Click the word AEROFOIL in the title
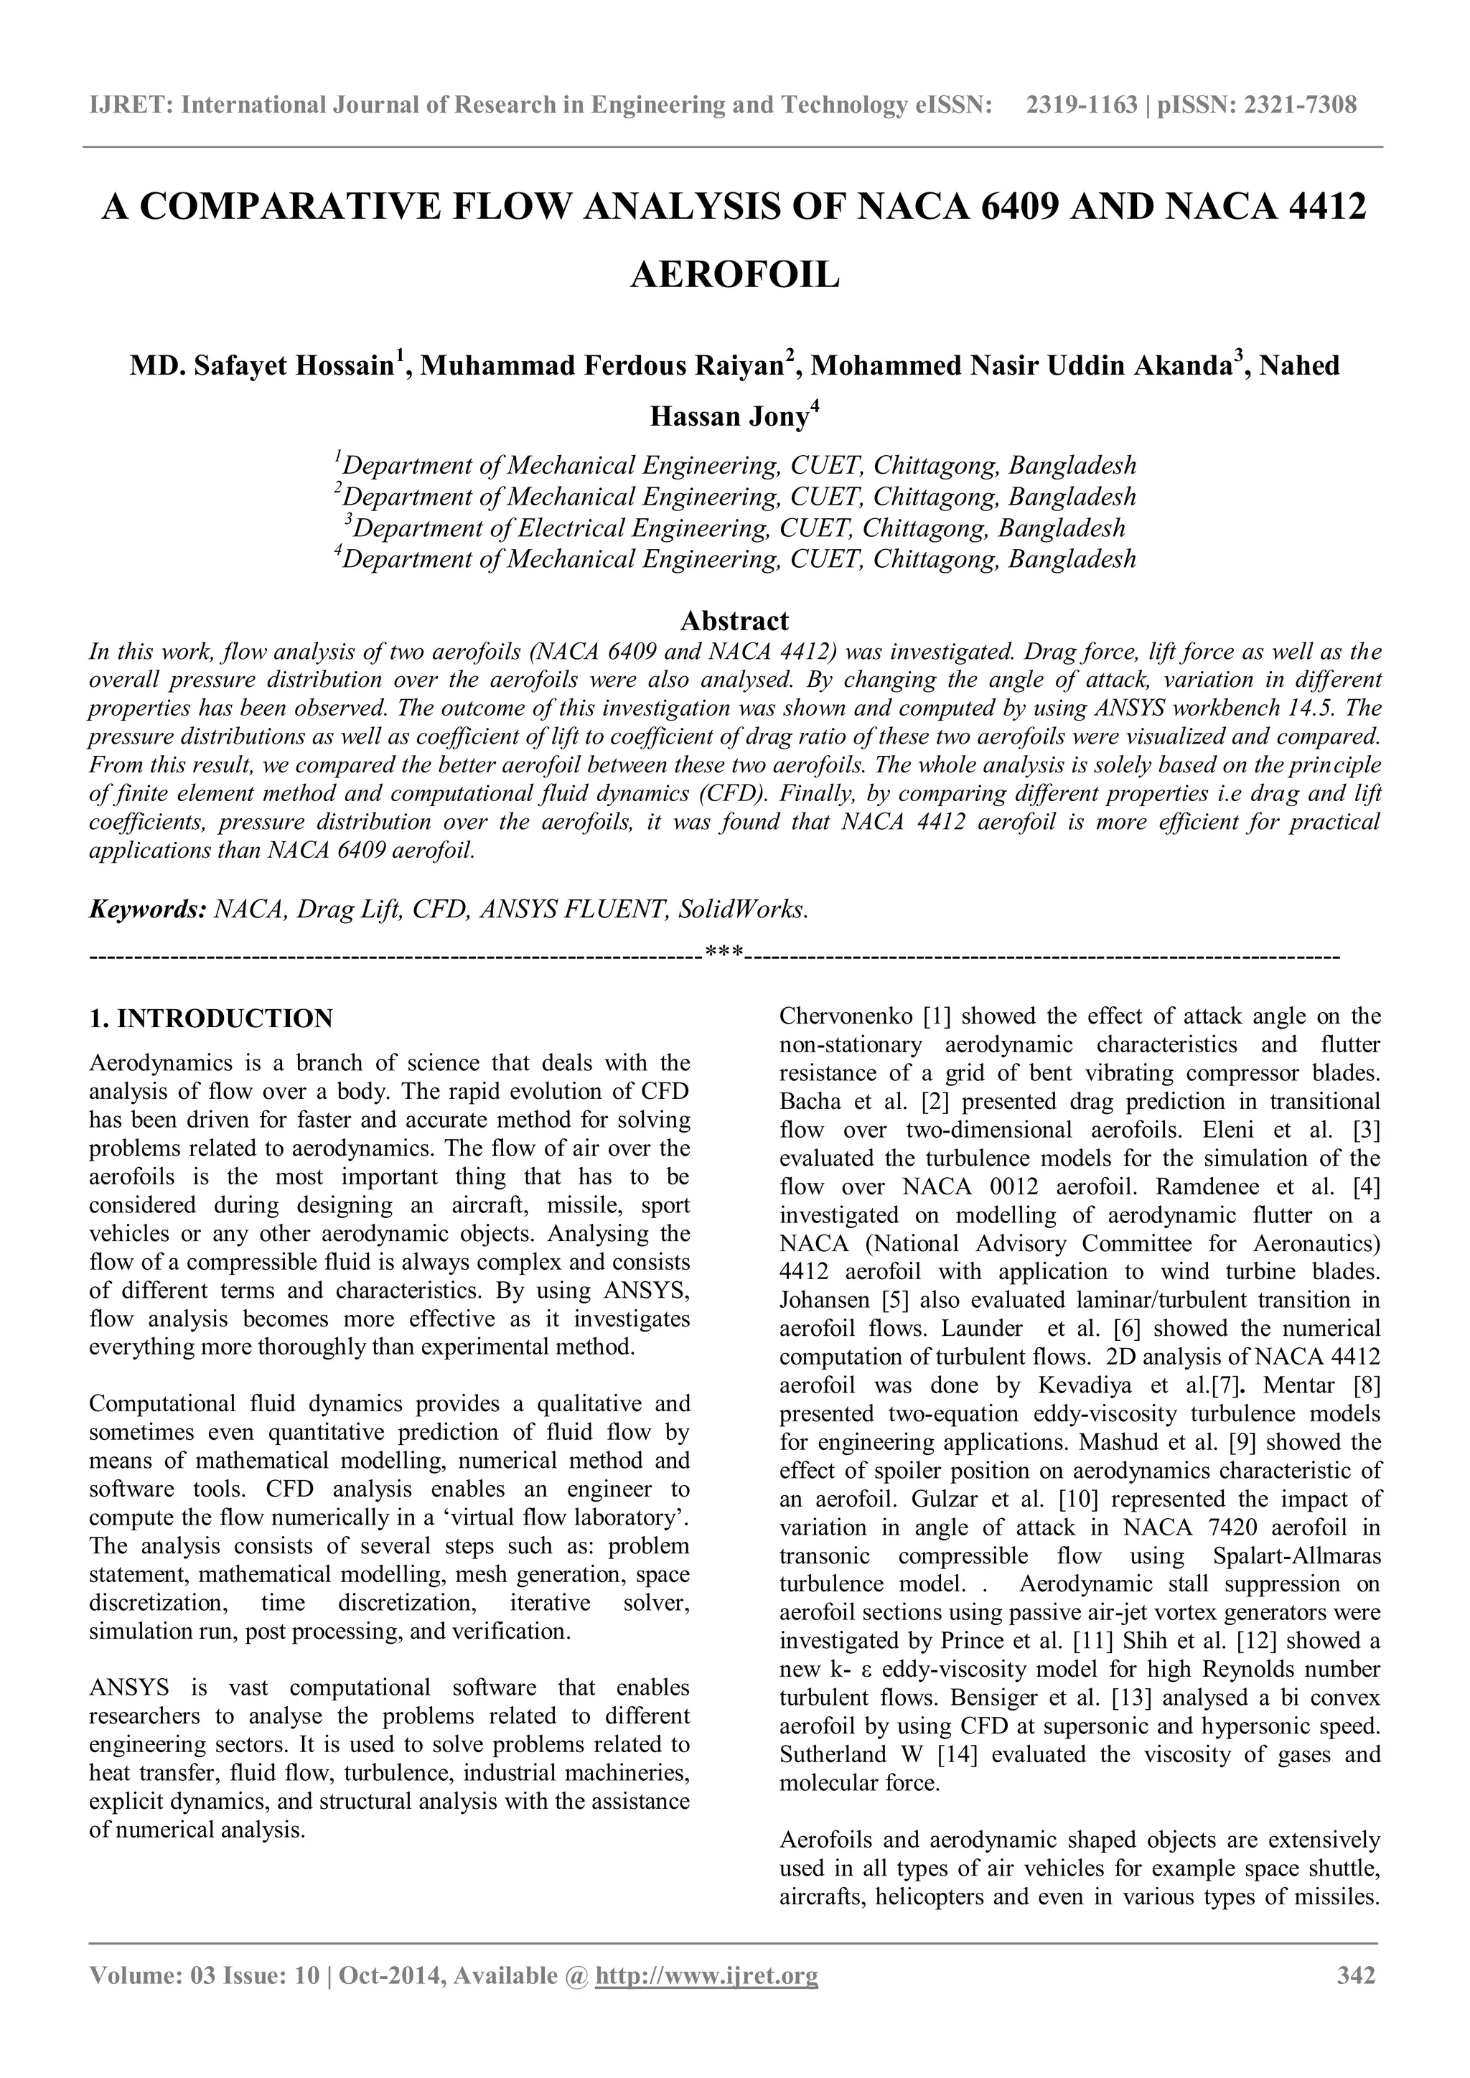point(734,274)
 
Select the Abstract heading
point(734,621)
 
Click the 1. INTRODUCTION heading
point(211,1019)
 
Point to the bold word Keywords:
point(148,909)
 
